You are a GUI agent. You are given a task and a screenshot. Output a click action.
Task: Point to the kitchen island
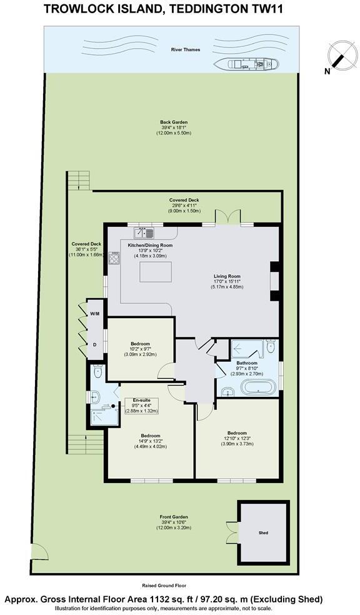click(x=155, y=273)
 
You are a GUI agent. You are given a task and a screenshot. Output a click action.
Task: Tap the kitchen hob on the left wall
click(x=114, y=259)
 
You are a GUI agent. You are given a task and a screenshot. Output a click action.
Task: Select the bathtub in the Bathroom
click(x=256, y=387)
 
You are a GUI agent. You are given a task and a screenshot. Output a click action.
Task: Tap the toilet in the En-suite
click(x=96, y=373)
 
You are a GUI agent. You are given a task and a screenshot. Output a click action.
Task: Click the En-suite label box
click(x=141, y=406)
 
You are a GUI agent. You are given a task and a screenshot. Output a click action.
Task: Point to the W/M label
click(x=95, y=314)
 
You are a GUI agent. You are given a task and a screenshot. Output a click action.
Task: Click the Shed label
click(x=262, y=533)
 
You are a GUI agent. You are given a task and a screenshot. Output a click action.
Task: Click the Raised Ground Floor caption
click(x=164, y=586)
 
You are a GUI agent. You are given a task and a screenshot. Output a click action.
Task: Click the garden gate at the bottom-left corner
click(x=39, y=553)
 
